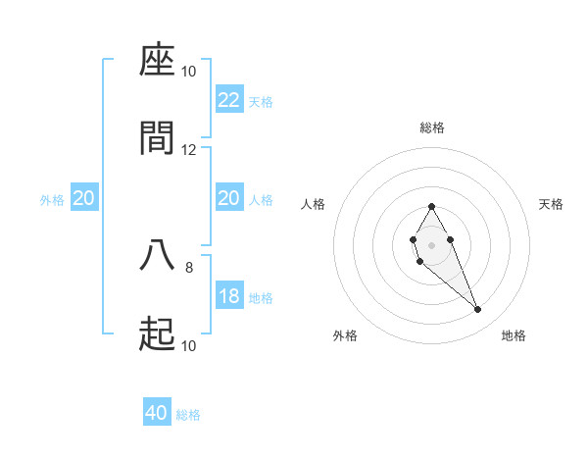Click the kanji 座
coord(157,61)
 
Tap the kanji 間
coord(157,138)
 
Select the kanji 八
coord(157,255)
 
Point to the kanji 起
coord(157,334)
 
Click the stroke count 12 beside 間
coord(189,149)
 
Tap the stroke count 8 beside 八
coord(189,266)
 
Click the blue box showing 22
coord(229,100)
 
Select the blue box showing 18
coord(229,296)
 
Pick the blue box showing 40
coord(157,413)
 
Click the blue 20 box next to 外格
coord(84,198)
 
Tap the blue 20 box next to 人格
coord(229,198)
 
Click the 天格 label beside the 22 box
coord(261,101)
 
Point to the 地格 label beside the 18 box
coord(261,297)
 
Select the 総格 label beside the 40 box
coord(188,415)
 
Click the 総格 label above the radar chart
coord(431,128)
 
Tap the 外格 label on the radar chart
coord(345,335)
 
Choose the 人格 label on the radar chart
coord(314,204)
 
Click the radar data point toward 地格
coord(478,310)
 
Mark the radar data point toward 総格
coord(431,206)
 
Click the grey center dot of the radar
coord(431,243)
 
